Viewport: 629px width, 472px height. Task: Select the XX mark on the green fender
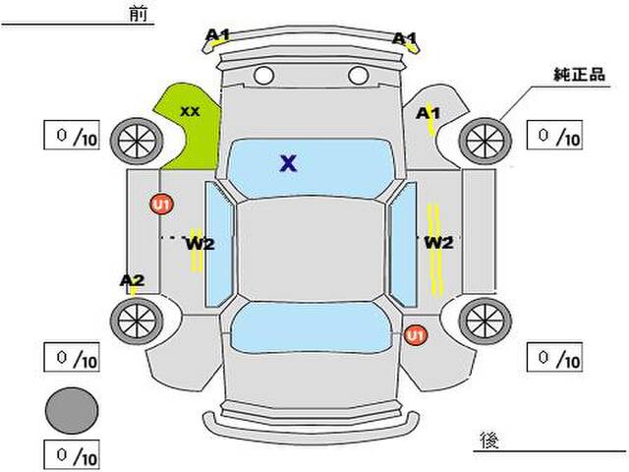pos(190,111)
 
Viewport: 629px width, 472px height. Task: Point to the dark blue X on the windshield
pos(288,163)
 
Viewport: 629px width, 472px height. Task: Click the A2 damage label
pos(132,281)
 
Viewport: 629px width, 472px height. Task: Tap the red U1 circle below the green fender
pos(160,205)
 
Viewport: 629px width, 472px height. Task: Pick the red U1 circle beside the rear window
pos(416,335)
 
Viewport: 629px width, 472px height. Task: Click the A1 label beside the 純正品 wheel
pos(428,114)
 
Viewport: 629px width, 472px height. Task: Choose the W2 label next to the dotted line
pos(200,243)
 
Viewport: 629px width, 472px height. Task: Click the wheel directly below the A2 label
pos(135,319)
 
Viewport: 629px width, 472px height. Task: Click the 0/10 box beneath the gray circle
pos(72,455)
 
